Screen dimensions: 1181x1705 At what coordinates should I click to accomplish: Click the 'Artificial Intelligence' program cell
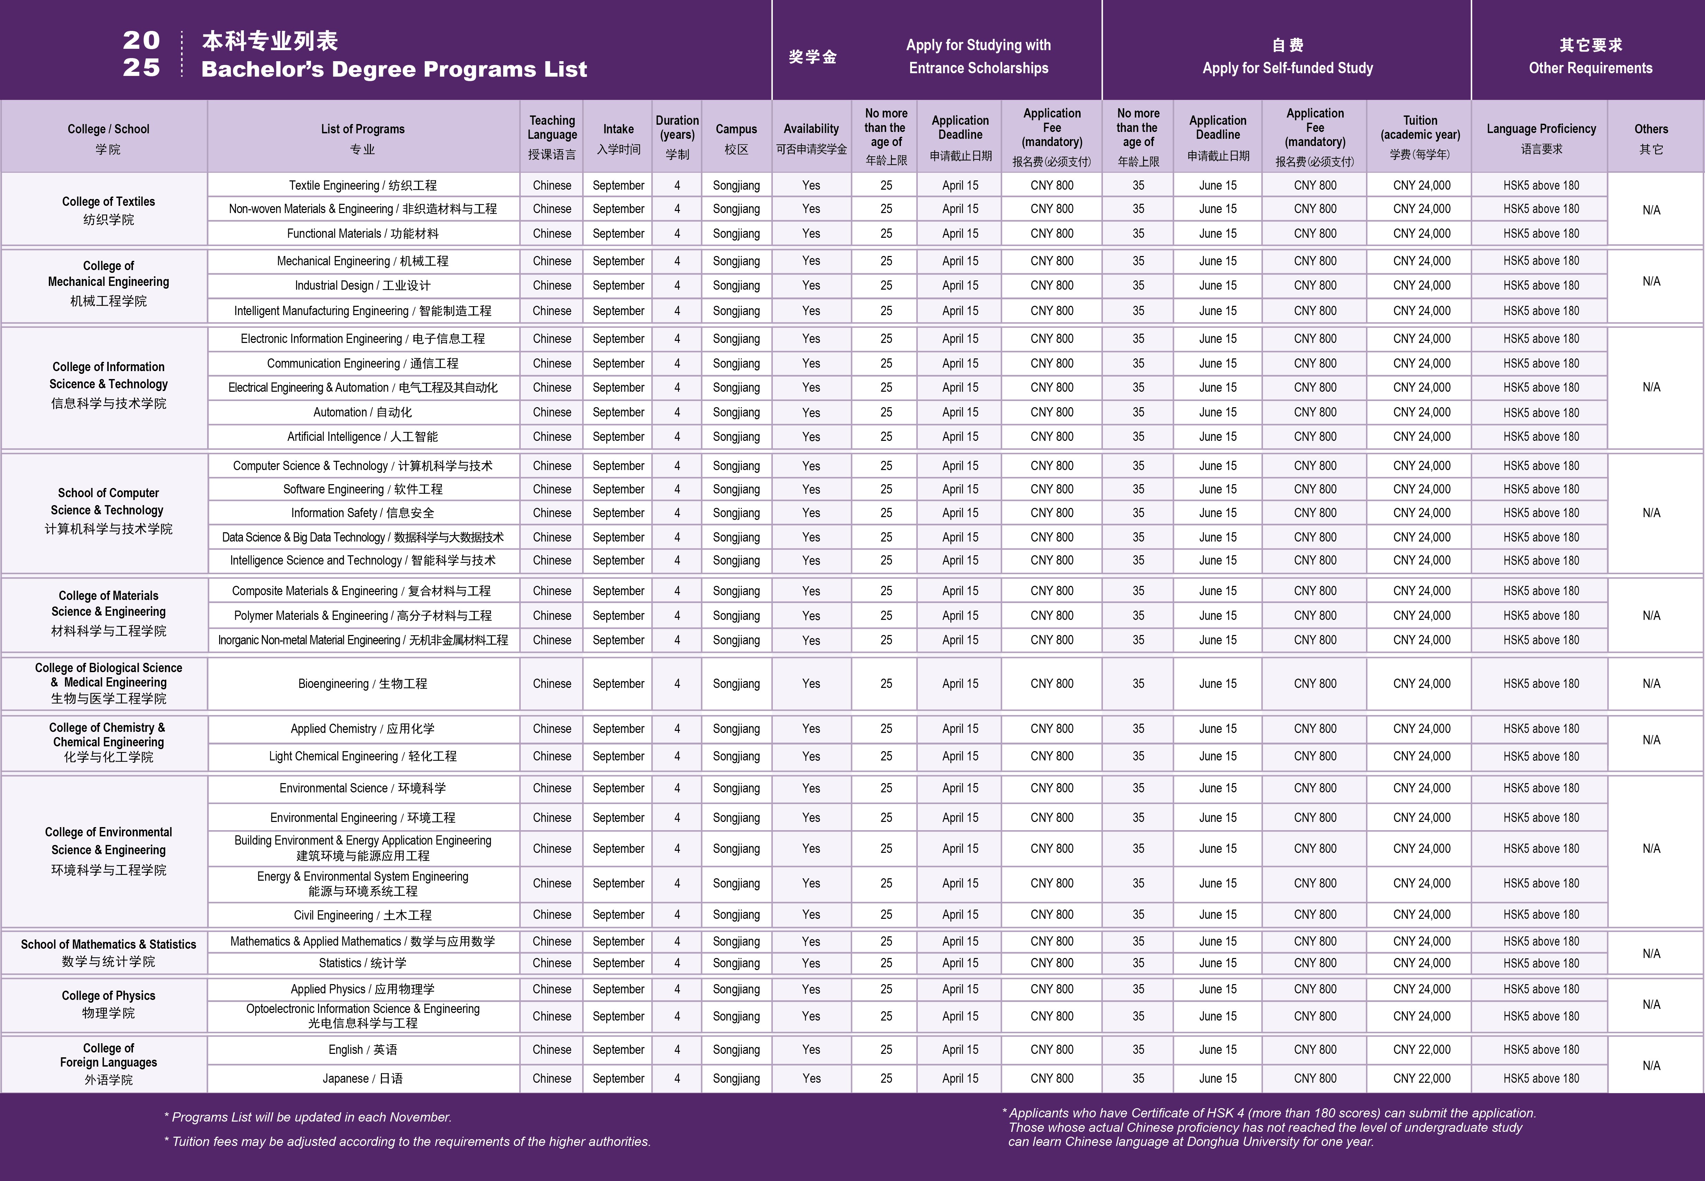coord(362,437)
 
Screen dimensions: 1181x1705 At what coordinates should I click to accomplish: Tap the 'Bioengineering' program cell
coord(362,684)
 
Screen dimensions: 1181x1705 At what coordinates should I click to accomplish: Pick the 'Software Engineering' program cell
coord(362,489)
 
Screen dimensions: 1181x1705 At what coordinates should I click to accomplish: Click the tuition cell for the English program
coord(1421,1049)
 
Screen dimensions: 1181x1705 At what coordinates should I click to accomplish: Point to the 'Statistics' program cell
coord(362,963)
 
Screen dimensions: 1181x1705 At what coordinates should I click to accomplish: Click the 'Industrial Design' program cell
coord(362,286)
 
